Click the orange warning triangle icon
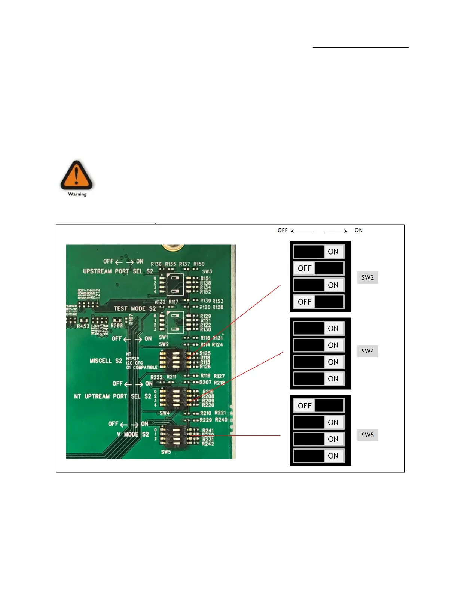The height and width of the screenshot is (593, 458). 76,175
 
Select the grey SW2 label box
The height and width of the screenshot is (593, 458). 367,277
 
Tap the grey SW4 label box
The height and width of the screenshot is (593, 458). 367,351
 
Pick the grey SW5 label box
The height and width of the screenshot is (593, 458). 367,435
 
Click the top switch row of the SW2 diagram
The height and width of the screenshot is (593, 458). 319,252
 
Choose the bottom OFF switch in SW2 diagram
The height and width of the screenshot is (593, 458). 319,302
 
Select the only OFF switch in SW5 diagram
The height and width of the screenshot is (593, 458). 319,405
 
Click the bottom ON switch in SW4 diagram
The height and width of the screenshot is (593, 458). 319,379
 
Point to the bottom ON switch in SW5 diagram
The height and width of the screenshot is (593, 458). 319,456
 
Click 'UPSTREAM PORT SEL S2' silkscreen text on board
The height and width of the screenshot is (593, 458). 118,271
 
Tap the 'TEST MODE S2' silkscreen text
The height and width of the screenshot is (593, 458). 135,308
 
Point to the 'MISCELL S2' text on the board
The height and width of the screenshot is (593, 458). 106,361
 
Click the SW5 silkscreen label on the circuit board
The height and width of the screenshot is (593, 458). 166,452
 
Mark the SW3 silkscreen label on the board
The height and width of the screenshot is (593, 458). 207,271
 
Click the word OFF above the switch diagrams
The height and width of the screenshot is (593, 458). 283,230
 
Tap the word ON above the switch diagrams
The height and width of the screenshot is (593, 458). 358,230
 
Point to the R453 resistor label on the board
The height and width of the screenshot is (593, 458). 83,326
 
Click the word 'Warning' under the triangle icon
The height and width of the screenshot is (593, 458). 77,194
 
